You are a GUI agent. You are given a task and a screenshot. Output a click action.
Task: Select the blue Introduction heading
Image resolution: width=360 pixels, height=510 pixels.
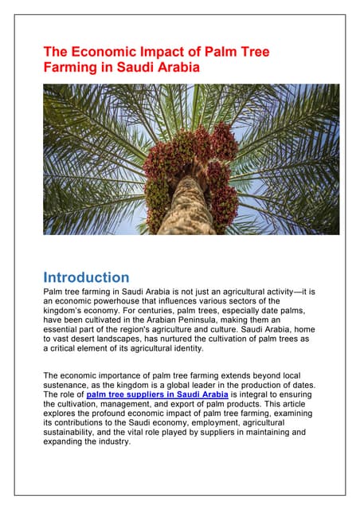pos(86,277)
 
